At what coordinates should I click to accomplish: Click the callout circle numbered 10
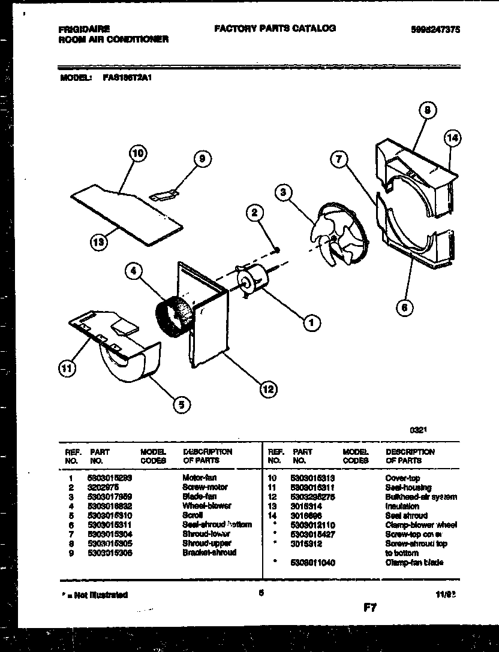[x=138, y=154]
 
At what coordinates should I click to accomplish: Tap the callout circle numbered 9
[x=202, y=159]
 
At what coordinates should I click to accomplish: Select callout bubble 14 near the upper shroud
[x=453, y=138]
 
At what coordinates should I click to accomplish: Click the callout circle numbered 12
[x=267, y=389]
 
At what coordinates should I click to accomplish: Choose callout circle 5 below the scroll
[x=179, y=405]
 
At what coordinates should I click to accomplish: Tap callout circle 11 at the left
[x=67, y=370]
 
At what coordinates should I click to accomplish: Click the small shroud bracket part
[x=164, y=194]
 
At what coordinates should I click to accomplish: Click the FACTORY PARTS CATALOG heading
[x=274, y=28]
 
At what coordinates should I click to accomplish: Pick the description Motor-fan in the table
[x=200, y=478]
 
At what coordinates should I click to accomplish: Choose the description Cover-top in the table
[x=403, y=478]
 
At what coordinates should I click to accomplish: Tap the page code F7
[x=369, y=608]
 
